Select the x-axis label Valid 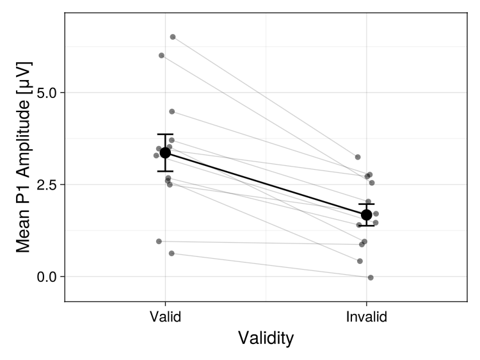(x=165, y=317)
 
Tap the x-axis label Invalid (x=366, y=317)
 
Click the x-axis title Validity (x=266, y=338)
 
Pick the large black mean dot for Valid (x=165, y=152)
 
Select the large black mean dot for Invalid (x=366, y=215)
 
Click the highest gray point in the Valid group (x=173, y=37)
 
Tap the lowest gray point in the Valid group (x=172, y=254)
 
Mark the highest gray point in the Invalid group (x=358, y=157)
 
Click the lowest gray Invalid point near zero (x=371, y=277)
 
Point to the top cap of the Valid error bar (x=165, y=135)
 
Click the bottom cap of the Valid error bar (x=165, y=171)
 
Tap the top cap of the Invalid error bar (x=366, y=204)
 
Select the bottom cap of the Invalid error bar (x=366, y=225)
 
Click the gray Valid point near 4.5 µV (x=172, y=111)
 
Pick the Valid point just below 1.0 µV (x=159, y=241)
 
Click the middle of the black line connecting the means (x=266, y=183)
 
